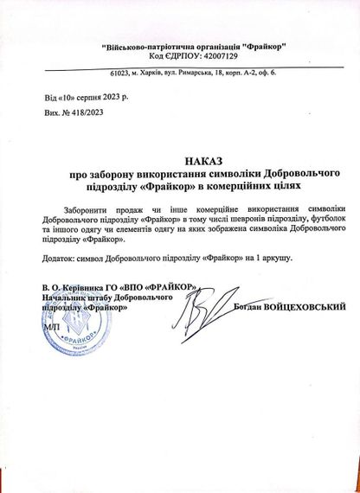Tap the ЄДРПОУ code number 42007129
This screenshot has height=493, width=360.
click(228, 55)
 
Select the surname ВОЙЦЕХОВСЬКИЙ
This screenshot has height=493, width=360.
click(304, 306)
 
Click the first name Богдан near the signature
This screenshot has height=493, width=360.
click(244, 306)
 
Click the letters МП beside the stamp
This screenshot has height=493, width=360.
click(47, 330)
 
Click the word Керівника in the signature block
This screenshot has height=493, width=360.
click(87, 287)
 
